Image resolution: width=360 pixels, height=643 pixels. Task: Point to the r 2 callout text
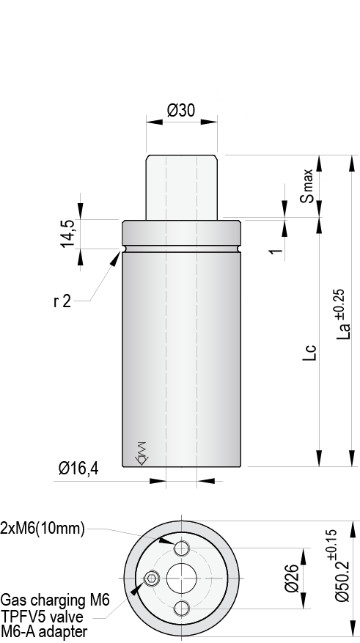62,301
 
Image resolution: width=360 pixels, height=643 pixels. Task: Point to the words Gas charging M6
55,600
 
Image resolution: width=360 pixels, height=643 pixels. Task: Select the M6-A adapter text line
45,631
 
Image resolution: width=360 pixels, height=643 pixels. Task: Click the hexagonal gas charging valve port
151,578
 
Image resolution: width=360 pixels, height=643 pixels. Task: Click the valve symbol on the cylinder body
142,452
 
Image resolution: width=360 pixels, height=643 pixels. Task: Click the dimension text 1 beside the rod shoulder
276,250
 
